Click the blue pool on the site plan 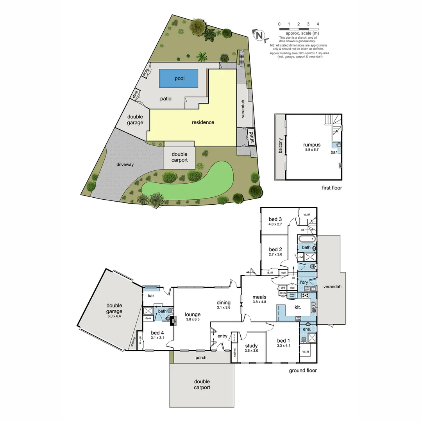178,79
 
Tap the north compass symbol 259,35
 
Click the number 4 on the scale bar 318,24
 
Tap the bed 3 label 275,219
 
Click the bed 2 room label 275,249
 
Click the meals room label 259,297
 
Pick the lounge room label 193,314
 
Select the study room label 252,345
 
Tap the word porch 200,358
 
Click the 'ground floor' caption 302,370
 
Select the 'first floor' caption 332,188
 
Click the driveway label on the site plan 125,165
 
